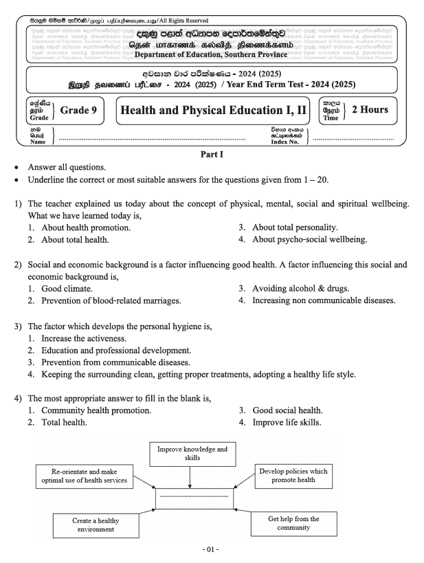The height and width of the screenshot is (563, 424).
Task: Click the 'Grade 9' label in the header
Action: tap(80, 109)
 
